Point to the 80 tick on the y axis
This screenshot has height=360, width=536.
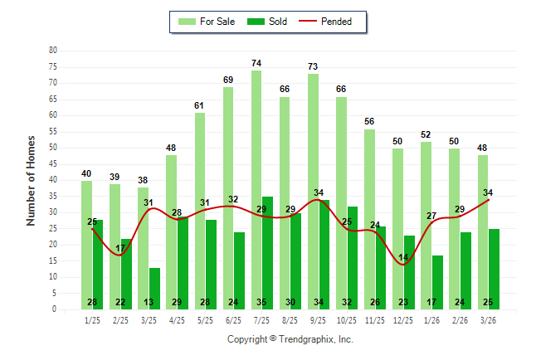coord(53,51)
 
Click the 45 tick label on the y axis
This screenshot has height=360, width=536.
coord(53,164)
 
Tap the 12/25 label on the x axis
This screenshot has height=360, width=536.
coord(403,319)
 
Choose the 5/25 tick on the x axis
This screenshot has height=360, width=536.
coord(206,319)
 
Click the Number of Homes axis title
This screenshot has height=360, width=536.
coord(32,180)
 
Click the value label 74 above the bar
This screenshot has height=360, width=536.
coord(256,63)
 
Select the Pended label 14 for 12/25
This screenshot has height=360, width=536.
coord(404,258)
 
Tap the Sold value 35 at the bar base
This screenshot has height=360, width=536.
coord(262,302)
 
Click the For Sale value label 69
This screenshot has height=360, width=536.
coord(228,80)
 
